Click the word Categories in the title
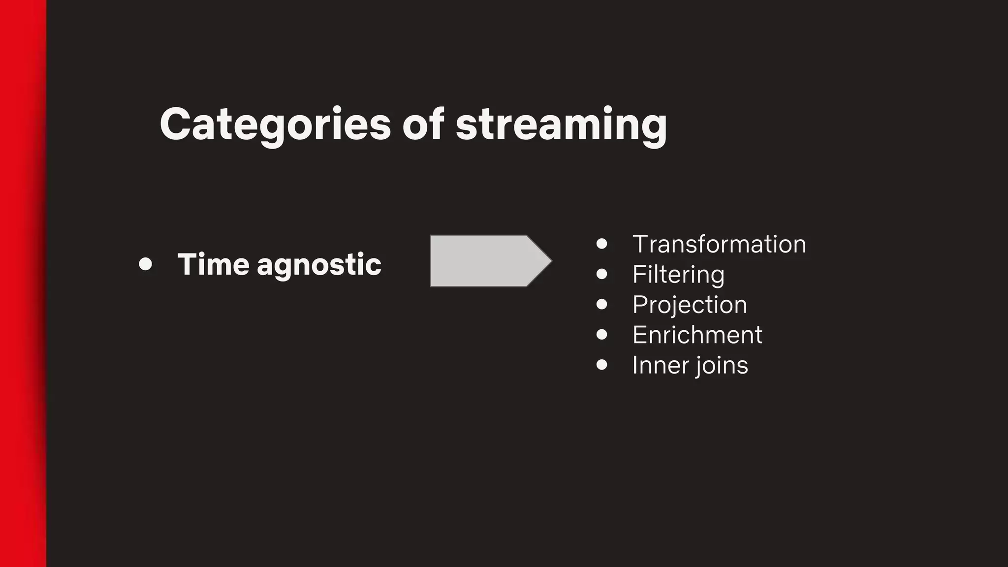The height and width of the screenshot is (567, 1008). pos(275,125)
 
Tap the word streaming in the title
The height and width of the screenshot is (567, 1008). pos(561,125)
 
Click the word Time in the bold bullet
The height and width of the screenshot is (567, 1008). pos(213,264)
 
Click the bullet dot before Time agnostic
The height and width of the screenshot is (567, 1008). pos(145,264)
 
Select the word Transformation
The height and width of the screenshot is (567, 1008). pos(719,244)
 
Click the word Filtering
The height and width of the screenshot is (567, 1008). pos(678,275)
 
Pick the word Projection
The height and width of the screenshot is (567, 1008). pos(690,305)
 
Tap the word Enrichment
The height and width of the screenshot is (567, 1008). pos(697,335)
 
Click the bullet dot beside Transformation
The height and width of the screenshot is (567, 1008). pos(601,244)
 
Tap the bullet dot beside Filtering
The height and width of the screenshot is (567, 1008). pos(601,274)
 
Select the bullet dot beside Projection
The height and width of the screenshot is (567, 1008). pos(601,304)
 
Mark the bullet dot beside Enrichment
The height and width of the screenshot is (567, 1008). pos(601,335)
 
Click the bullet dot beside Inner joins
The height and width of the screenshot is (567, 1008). pos(601,365)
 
